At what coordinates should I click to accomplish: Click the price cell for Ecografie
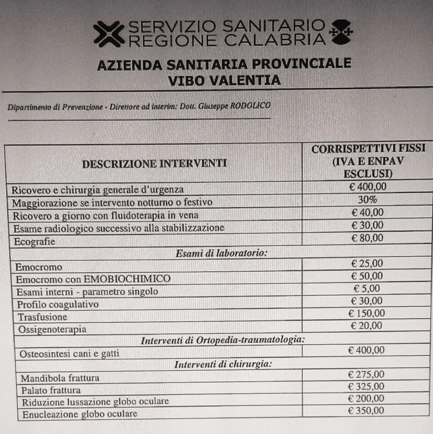367,238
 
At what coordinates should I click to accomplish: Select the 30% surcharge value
367,200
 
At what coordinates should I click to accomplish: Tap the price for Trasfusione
366,313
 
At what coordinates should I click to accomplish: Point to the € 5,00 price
366,288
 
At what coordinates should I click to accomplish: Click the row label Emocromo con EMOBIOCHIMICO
93,279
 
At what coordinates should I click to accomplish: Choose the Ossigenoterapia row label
52,330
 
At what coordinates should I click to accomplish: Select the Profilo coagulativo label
58,305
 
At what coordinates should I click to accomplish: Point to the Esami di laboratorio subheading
222,253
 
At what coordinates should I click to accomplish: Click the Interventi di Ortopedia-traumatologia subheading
223,340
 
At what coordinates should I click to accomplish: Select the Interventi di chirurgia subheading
223,364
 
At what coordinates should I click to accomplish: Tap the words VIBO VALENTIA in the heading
225,80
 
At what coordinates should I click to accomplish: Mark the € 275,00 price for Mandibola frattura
366,374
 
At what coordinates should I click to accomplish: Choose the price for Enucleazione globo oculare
366,411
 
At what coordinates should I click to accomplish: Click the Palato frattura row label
51,390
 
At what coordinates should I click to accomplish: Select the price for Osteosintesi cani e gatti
366,350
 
